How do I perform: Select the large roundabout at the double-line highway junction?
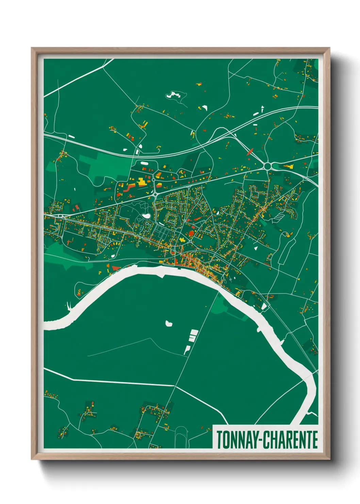[x=268, y=166]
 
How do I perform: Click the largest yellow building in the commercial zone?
[x=141, y=182]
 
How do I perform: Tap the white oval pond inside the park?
[x=146, y=216]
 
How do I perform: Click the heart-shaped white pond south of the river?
[x=168, y=323]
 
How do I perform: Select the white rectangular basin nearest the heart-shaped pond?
[x=194, y=332]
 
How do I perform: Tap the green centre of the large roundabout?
[x=268, y=166]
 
